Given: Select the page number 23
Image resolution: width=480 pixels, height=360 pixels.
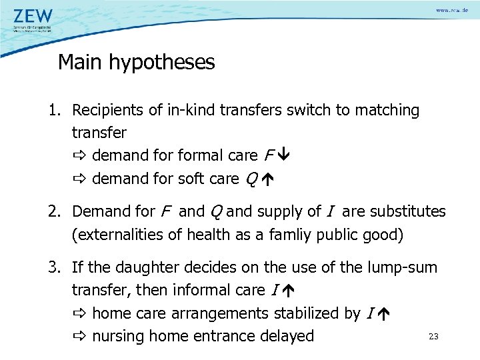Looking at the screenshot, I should [433, 337].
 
